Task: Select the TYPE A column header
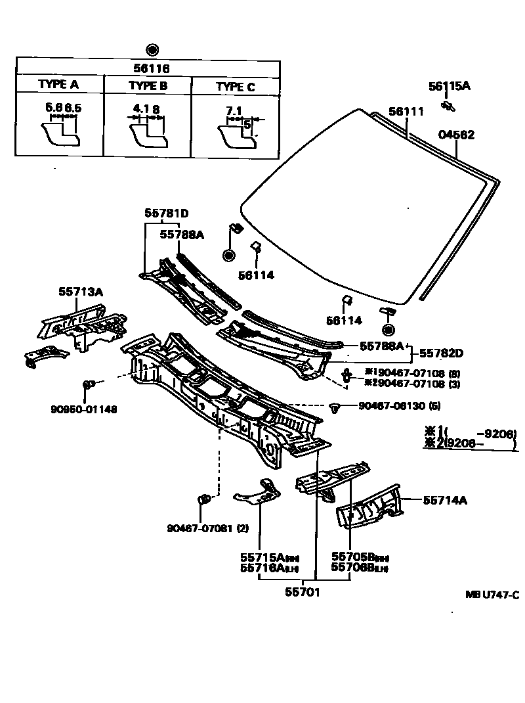(58, 85)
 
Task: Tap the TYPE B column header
(148, 85)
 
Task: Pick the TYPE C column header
(236, 87)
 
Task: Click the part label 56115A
(450, 86)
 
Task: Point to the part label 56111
(406, 112)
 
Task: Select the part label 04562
(456, 135)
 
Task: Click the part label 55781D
(167, 213)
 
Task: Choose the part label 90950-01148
(84, 409)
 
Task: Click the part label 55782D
(441, 353)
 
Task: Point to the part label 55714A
(444, 500)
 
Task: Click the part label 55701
(303, 591)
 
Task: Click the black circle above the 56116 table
(152, 49)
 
